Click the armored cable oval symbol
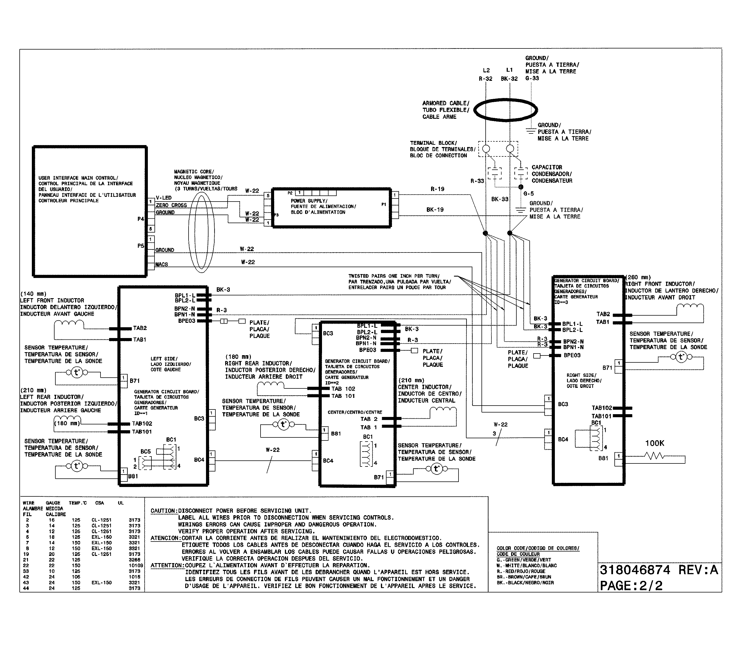pyautogui.click(x=505, y=110)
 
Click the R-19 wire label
pyautogui.click(x=437, y=189)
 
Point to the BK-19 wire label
pyautogui.click(x=435, y=210)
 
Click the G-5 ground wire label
pyautogui.click(x=529, y=194)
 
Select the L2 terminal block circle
pyautogui.click(x=486, y=149)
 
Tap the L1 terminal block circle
pyautogui.click(x=510, y=149)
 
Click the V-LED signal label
pyautogui.click(x=164, y=198)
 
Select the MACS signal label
pyautogui.click(x=162, y=264)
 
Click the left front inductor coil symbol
pyautogui.click(x=69, y=324)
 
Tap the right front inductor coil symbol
pyautogui.click(x=690, y=307)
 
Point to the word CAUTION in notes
pyautogui.click(x=164, y=511)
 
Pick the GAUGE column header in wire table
pyautogui.click(x=53, y=503)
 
